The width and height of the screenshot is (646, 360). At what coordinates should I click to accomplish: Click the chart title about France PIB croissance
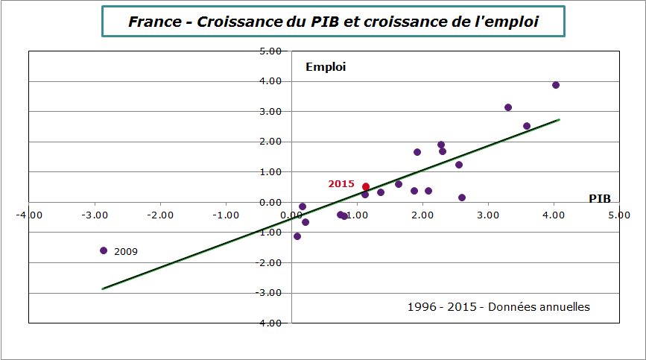coord(332,22)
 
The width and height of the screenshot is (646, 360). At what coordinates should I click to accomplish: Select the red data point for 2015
coord(366,187)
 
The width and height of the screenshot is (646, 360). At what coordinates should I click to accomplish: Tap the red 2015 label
coord(341,183)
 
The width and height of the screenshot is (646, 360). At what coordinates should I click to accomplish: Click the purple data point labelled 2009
coord(104,250)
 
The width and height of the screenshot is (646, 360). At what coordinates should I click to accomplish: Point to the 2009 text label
coord(126,252)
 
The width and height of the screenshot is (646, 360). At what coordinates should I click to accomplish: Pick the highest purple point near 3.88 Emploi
coord(556,85)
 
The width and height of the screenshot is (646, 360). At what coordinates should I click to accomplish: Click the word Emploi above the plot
coord(326,67)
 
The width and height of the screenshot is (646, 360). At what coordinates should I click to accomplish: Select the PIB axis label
coord(599,198)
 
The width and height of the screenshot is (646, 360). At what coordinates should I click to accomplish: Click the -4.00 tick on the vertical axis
coord(268,323)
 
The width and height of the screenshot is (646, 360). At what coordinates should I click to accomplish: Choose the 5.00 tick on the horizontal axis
coord(618,215)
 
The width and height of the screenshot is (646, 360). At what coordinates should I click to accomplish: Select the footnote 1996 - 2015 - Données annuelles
coord(498,307)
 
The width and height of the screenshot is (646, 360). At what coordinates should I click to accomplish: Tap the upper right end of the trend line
coord(559,119)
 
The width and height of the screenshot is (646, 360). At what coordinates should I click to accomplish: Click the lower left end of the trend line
coord(103,288)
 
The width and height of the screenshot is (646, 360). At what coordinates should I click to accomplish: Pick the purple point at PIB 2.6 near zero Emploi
coord(462,198)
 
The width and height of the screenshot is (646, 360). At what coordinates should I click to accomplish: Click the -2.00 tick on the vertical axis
coord(268,263)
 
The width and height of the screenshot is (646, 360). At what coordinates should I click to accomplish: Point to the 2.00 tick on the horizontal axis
coord(422,215)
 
